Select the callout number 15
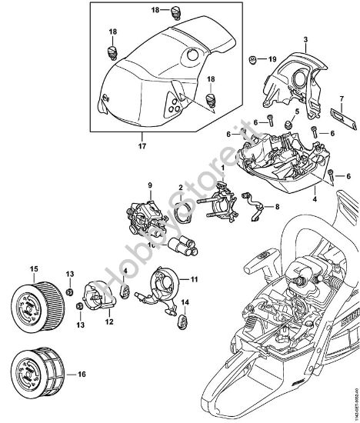click(x=33, y=268)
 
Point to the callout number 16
click(x=72, y=376)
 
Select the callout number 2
click(x=180, y=187)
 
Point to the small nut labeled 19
click(x=252, y=58)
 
